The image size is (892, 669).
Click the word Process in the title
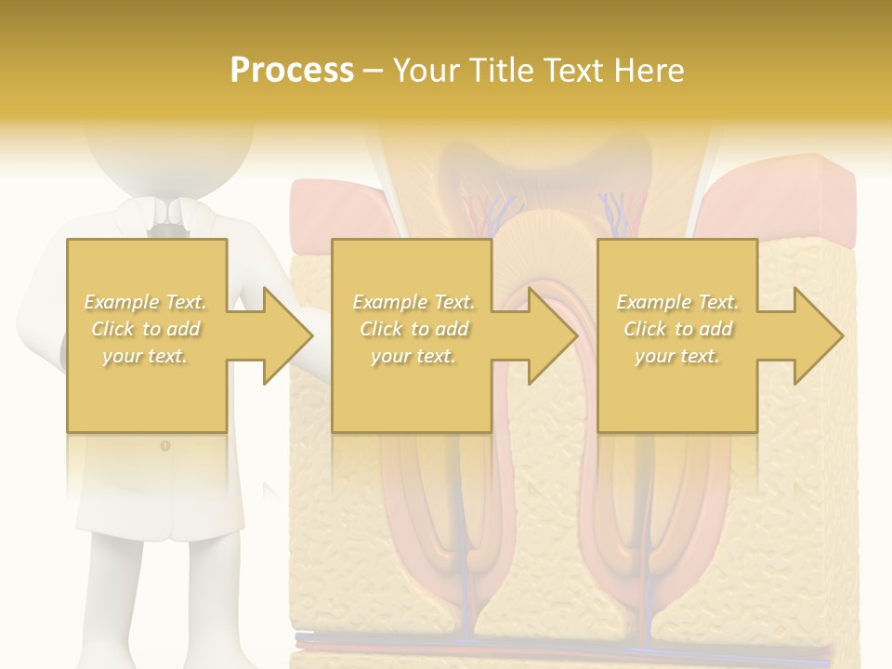click(x=292, y=71)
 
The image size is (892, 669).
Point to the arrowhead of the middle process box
click(x=552, y=335)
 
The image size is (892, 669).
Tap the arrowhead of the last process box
click(x=818, y=335)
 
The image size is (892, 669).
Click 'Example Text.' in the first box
click(x=146, y=302)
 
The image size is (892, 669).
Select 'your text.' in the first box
click(x=146, y=356)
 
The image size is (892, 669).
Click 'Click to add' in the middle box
click(x=413, y=329)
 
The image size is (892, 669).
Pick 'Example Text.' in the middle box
click(x=413, y=302)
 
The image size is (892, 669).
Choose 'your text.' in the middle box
click(x=413, y=356)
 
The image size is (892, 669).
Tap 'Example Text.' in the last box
click(x=677, y=302)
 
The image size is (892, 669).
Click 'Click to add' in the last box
click(x=677, y=329)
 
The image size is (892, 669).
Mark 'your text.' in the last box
click(x=677, y=356)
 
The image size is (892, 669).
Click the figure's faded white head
click(x=167, y=149)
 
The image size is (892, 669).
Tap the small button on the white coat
click(x=165, y=446)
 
